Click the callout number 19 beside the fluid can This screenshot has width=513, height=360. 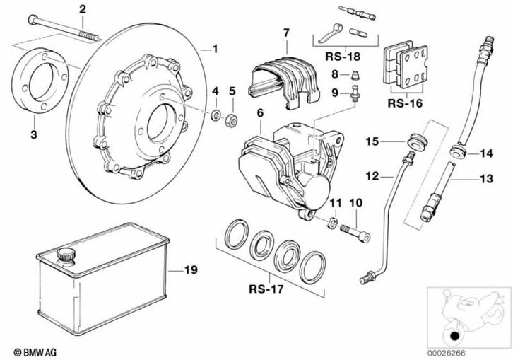click(x=190, y=269)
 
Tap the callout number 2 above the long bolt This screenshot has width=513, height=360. click(x=83, y=9)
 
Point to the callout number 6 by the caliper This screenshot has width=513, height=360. click(x=260, y=112)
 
